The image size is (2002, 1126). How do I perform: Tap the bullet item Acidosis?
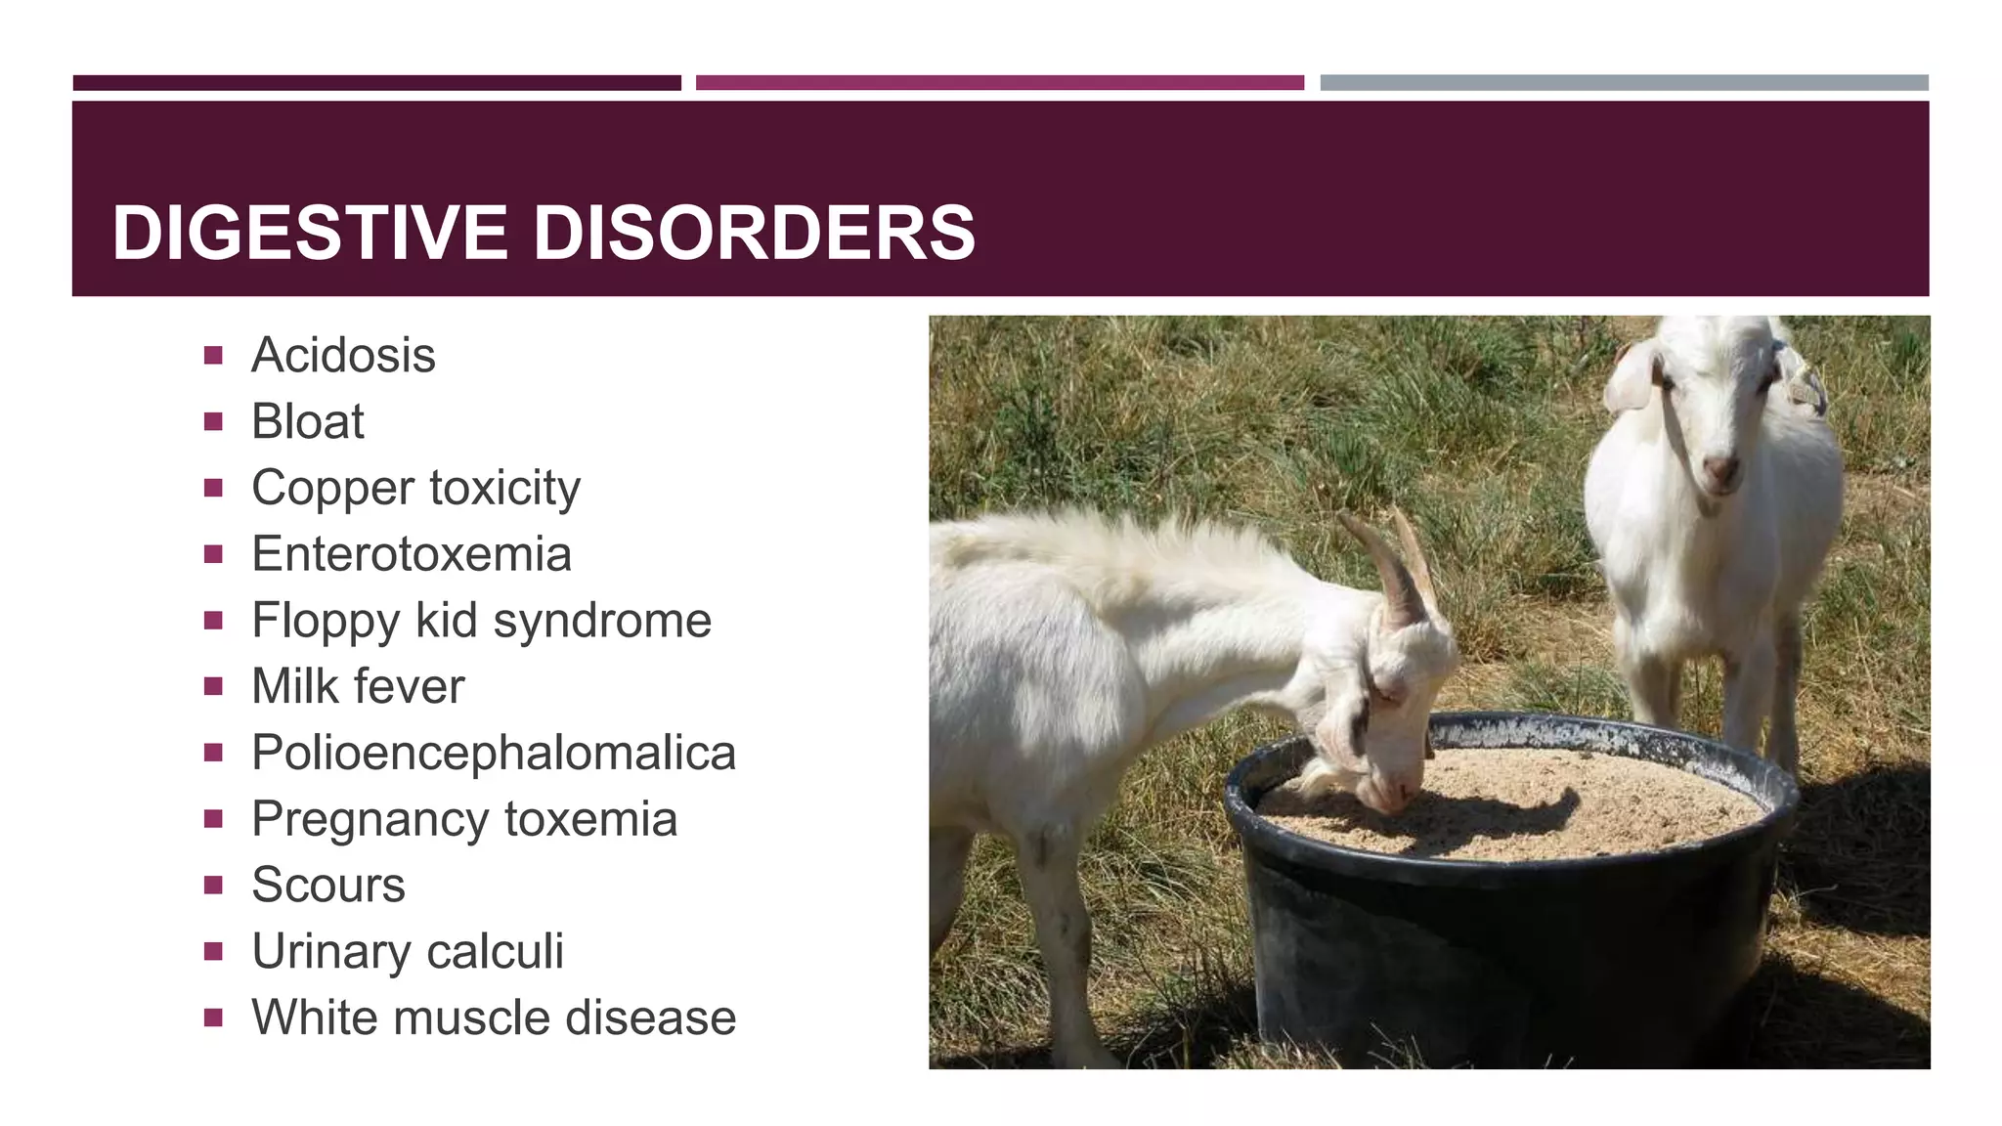click(x=343, y=355)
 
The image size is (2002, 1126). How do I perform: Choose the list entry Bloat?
click(x=308, y=421)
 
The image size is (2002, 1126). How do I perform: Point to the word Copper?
click(x=333, y=488)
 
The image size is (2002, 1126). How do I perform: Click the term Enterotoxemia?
click(x=412, y=554)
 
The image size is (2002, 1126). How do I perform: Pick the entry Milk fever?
click(x=358, y=686)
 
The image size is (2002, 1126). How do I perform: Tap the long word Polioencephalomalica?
click(x=494, y=753)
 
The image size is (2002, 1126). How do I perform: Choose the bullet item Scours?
click(x=328, y=885)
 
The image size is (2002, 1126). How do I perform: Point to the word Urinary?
click(x=331, y=951)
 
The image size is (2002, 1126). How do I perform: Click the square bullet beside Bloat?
click(x=213, y=422)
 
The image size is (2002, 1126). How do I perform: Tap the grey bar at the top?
click(x=1624, y=83)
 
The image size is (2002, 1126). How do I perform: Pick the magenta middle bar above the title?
click(x=999, y=83)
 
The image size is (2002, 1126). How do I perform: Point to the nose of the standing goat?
click(x=1720, y=469)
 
